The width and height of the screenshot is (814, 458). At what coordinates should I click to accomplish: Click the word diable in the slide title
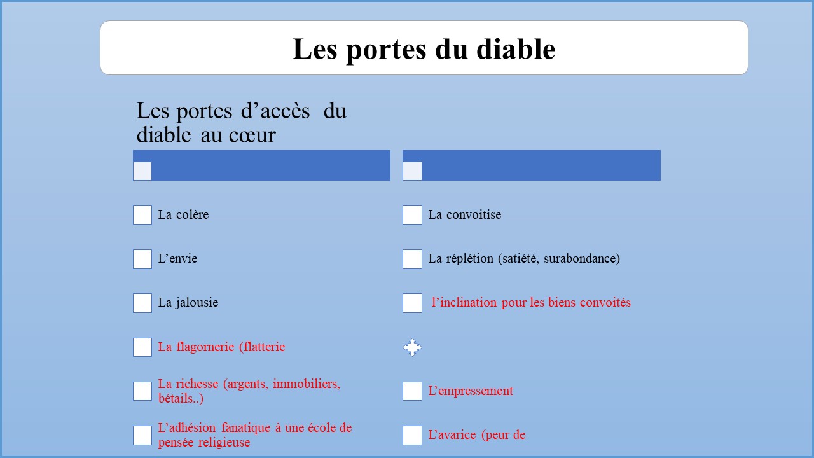[516, 49]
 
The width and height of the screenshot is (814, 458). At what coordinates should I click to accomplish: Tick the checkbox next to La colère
[142, 215]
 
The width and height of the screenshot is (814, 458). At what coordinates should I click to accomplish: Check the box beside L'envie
[142, 259]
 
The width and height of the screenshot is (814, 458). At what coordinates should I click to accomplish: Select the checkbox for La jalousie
[142, 303]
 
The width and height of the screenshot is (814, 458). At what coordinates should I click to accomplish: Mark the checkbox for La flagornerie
[142, 347]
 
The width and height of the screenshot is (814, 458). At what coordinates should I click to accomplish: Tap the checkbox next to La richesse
[142, 391]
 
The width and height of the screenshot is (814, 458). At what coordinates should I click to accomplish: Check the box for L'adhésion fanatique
[142, 436]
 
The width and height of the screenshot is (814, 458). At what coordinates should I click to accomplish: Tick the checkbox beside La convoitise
[412, 215]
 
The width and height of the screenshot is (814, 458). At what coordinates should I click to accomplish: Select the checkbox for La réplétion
[412, 259]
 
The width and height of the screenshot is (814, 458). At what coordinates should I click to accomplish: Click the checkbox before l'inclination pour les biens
[412, 303]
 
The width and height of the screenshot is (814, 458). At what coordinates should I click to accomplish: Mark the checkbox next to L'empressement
[412, 391]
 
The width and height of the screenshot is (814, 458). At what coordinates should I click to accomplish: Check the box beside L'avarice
[412, 436]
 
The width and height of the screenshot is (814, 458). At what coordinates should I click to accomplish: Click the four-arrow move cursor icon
[412, 347]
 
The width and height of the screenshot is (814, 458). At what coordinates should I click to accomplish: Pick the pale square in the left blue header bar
[142, 171]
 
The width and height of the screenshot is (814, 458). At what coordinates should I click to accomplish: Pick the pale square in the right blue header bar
[412, 171]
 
